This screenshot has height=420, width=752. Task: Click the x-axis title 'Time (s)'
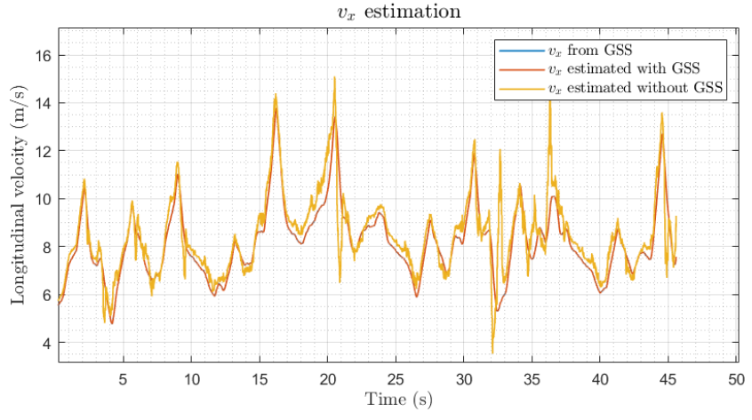pos(397,400)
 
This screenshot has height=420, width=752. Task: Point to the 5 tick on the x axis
pos(124,377)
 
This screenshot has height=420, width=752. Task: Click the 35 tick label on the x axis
pos(532,377)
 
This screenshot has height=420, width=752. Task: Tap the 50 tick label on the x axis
pos(736,377)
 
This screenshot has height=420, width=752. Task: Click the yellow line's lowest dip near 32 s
pos(492,353)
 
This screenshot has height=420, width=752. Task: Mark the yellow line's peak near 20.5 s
pos(334,77)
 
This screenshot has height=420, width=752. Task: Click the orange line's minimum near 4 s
pos(112,323)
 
